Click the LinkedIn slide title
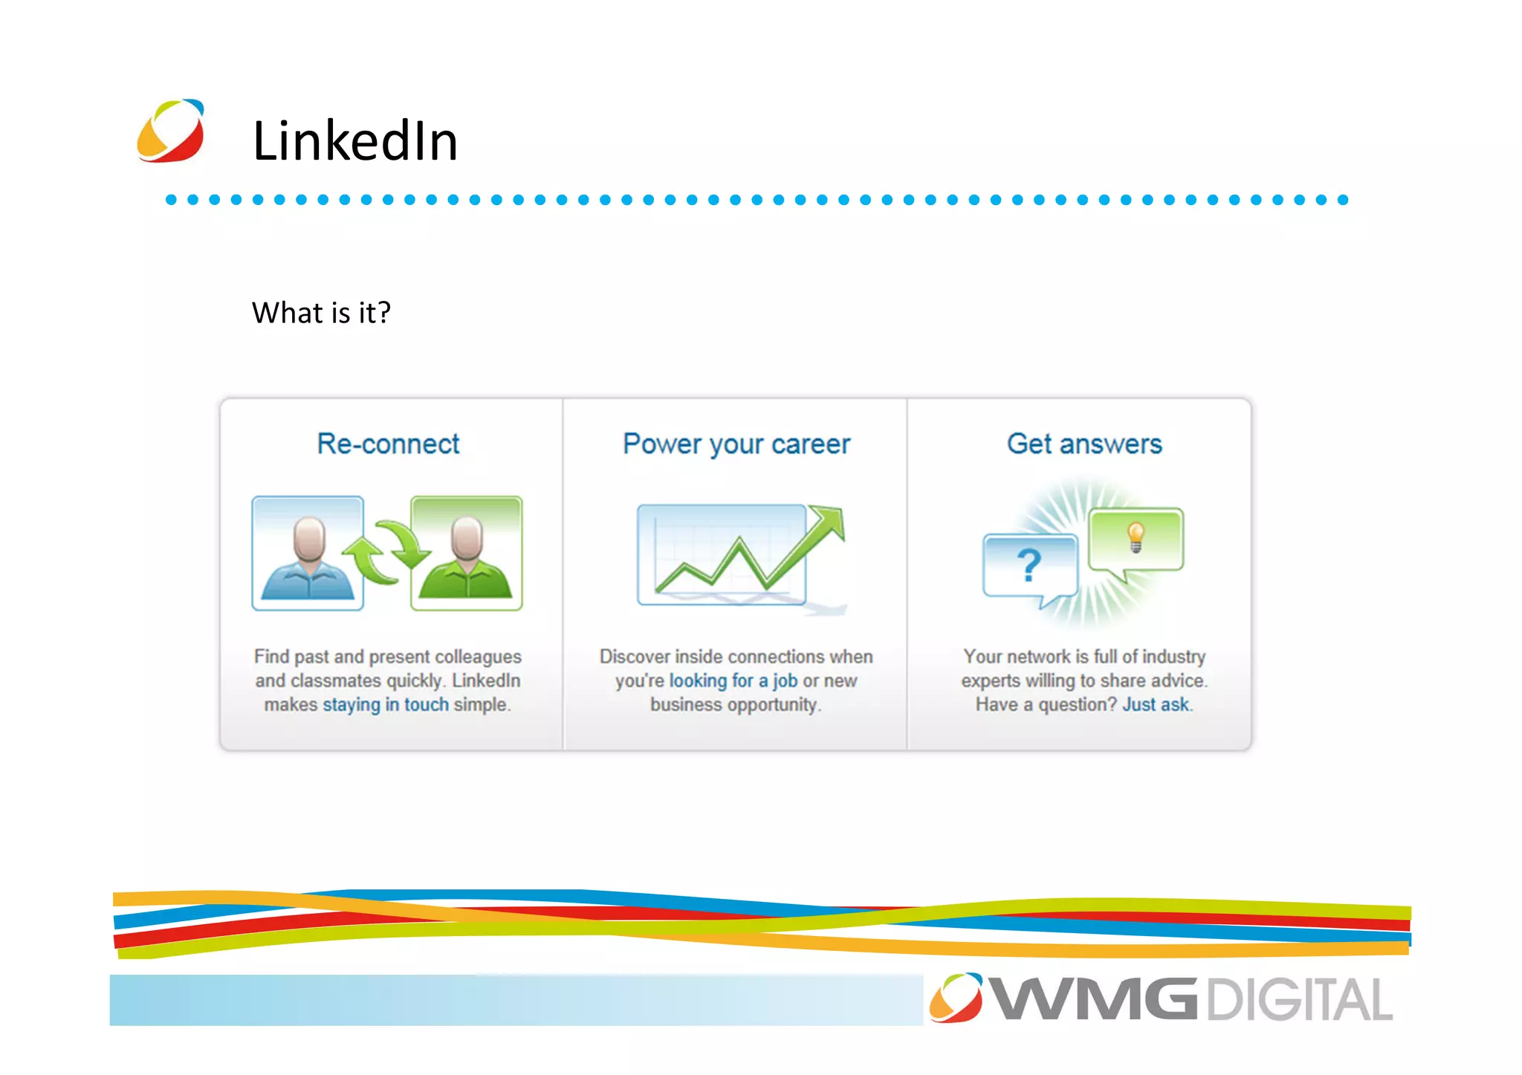[355, 140]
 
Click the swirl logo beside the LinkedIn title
[170, 131]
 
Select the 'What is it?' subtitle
[321, 313]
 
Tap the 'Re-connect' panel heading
[388, 444]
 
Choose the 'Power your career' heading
[736, 444]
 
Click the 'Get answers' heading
[1084, 444]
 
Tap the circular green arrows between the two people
[386, 553]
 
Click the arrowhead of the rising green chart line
[831, 520]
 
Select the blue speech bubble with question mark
[1030, 566]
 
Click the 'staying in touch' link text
[386, 704]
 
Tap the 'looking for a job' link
[733, 681]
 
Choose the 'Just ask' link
[1156, 704]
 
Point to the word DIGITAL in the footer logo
[1299, 1000]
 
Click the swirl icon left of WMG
[956, 998]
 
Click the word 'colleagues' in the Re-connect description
[478, 657]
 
